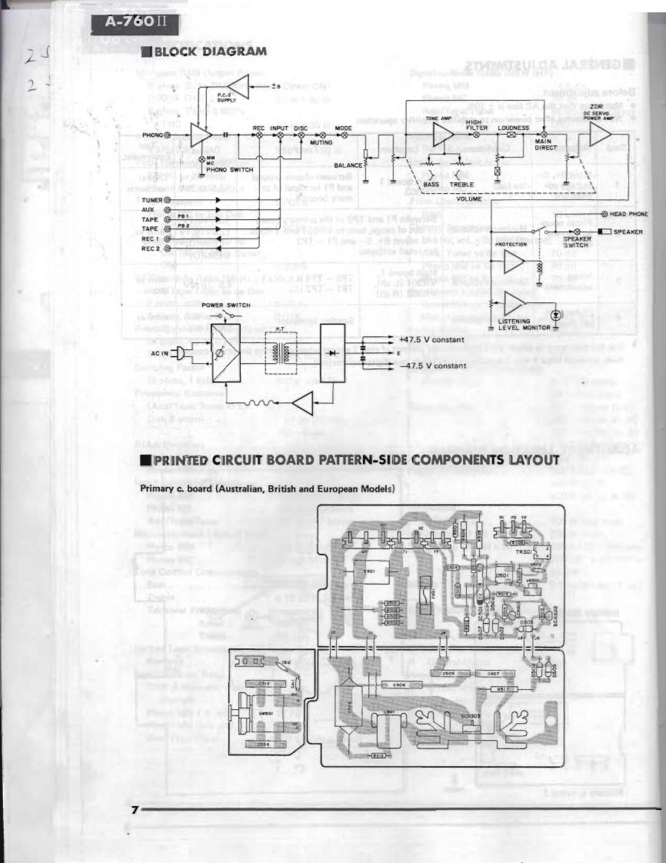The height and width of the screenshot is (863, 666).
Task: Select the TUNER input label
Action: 152,199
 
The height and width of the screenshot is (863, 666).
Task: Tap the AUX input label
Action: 148,209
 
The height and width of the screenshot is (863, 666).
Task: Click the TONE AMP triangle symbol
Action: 442,134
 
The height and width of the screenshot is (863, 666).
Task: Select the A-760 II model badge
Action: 128,20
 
